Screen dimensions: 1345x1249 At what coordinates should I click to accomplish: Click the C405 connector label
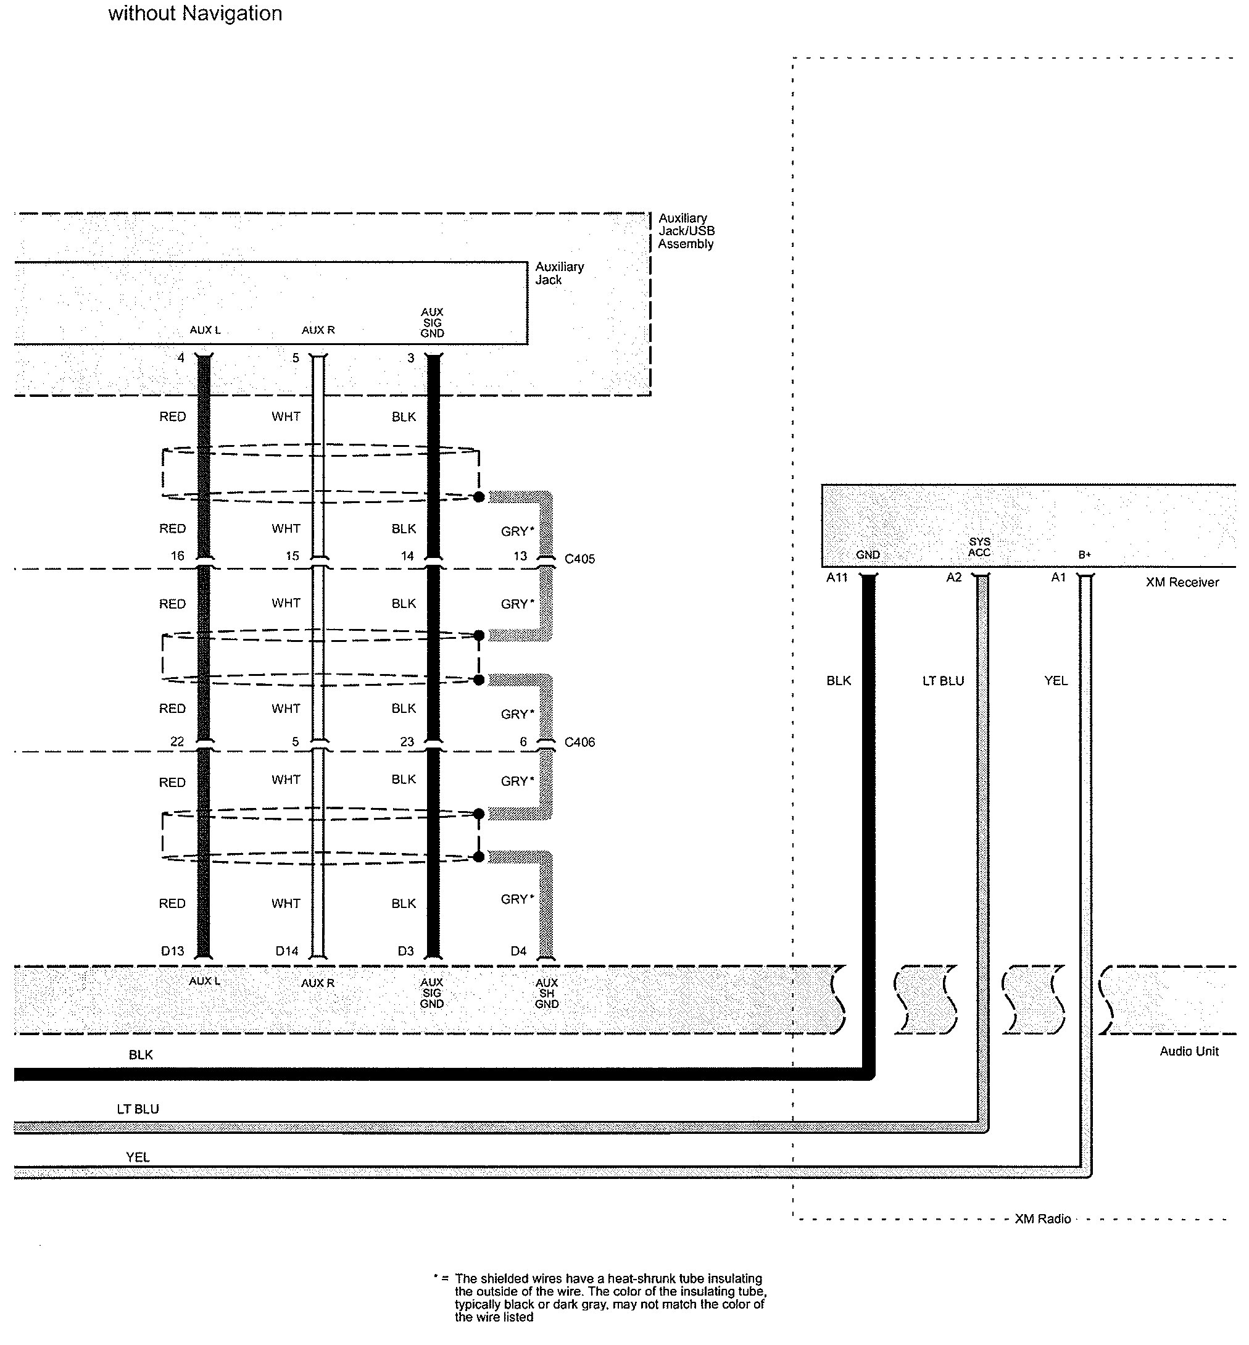click(x=579, y=559)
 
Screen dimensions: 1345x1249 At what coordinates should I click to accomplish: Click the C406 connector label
click(x=579, y=742)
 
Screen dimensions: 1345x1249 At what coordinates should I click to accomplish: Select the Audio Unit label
click(x=1189, y=1051)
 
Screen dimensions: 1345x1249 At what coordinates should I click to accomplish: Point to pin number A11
click(x=837, y=577)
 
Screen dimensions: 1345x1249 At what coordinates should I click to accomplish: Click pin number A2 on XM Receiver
click(x=953, y=577)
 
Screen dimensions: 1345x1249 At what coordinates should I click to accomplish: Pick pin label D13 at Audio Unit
click(x=172, y=951)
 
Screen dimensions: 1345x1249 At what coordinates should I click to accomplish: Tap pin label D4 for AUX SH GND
click(x=518, y=951)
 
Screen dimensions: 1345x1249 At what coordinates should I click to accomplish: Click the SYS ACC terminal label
click(x=979, y=547)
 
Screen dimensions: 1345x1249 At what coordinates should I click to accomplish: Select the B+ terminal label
click(x=1084, y=555)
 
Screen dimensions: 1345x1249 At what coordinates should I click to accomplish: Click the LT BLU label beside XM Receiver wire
click(x=943, y=681)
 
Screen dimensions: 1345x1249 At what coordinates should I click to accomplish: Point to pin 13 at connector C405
click(x=520, y=556)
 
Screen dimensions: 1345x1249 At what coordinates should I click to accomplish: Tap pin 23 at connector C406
click(x=407, y=742)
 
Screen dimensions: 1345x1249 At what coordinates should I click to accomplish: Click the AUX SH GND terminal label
click(x=546, y=993)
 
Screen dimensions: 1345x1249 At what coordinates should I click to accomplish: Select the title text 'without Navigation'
click(x=196, y=14)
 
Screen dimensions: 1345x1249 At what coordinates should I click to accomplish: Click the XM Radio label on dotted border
click(x=1042, y=1218)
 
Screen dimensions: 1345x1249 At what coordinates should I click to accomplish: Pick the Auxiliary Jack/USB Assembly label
click(x=686, y=231)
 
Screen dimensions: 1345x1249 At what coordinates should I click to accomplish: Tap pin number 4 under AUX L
click(x=180, y=357)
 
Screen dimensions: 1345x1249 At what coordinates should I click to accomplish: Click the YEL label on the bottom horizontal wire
click(x=138, y=1157)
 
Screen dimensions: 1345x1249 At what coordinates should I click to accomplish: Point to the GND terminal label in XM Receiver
click(x=868, y=555)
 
